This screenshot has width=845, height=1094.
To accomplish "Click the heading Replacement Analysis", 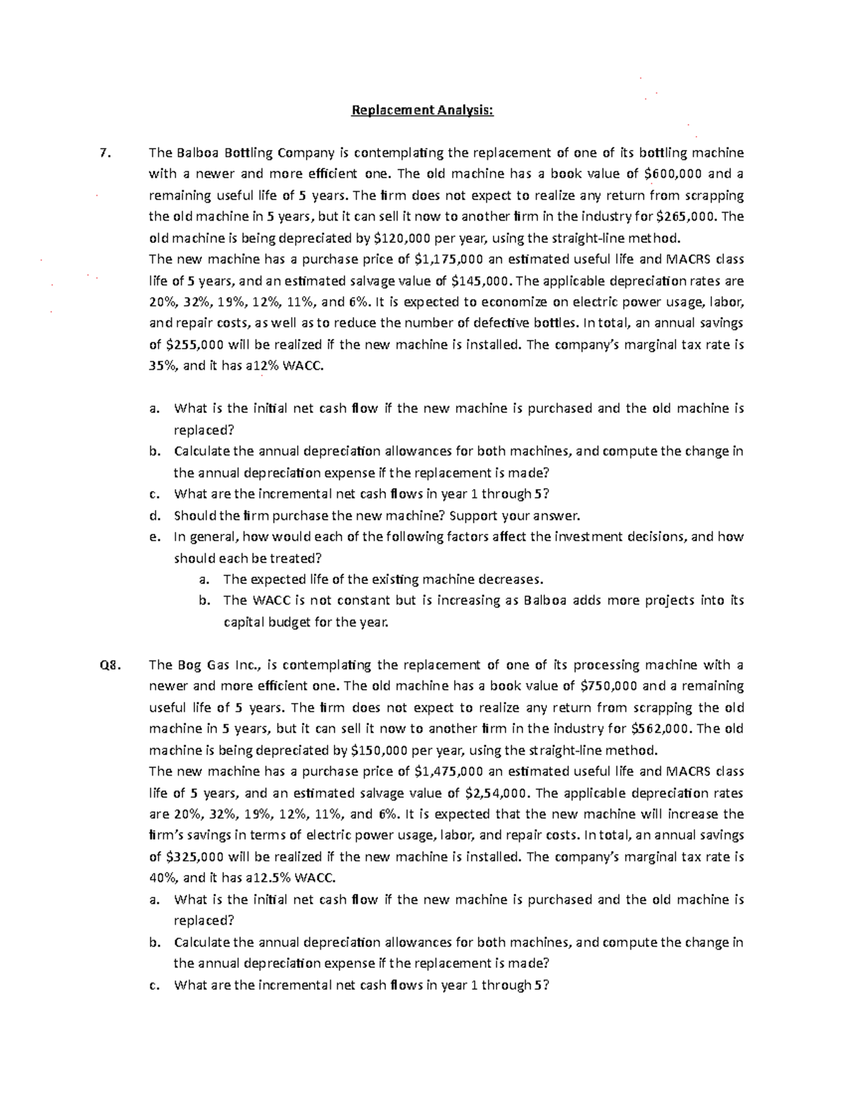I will pyautogui.click(x=423, y=110).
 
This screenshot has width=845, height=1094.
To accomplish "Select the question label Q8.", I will pyautogui.click(x=111, y=665).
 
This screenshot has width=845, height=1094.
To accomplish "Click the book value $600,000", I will pyautogui.click(x=675, y=174).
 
